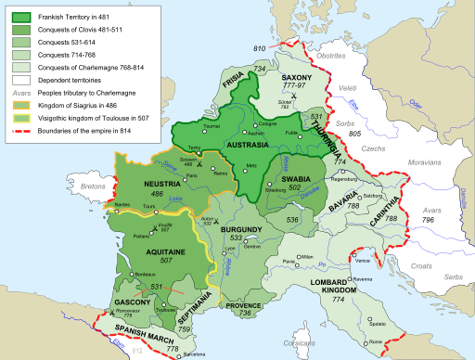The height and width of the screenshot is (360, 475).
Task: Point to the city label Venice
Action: click(x=356, y=264)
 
